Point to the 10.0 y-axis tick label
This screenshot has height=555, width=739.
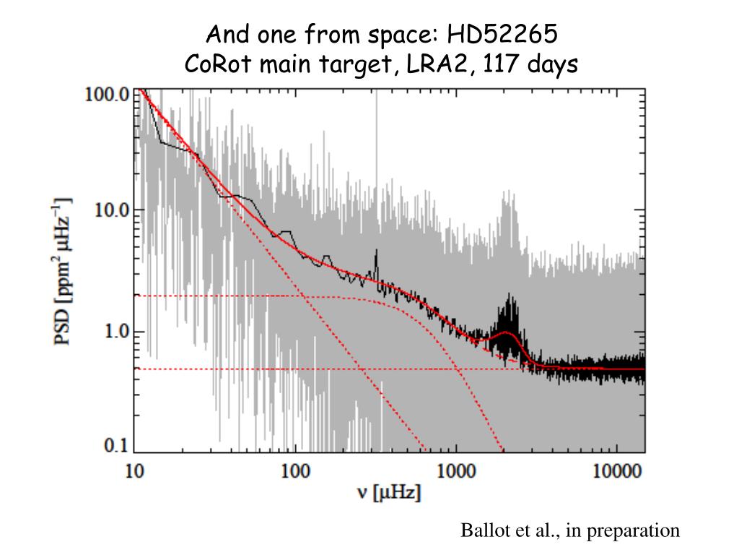click(x=112, y=210)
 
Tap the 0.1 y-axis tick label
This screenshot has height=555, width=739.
click(x=115, y=446)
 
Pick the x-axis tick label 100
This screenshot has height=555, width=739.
click(x=295, y=472)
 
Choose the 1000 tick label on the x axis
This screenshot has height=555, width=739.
click(x=456, y=472)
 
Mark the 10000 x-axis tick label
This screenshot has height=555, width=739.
click(x=617, y=472)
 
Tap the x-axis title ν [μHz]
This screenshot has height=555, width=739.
click(x=390, y=494)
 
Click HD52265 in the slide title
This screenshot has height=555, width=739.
click(x=502, y=33)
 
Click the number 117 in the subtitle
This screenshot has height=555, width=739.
click(x=499, y=65)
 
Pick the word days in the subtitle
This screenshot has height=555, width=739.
click(x=552, y=65)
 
